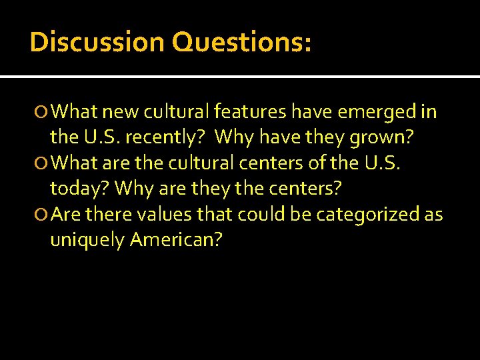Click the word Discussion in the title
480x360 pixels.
tap(97, 42)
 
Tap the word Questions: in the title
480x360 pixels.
tap(241, 42)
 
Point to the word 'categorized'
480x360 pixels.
tap(366, 215)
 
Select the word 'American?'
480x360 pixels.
tap(176, 240)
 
